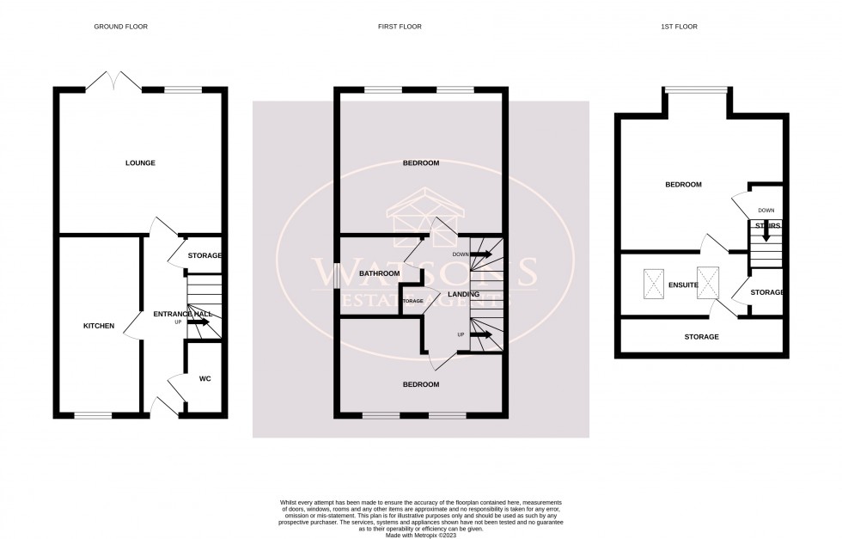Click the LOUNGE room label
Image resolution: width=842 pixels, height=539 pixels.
click(x=140, y=162)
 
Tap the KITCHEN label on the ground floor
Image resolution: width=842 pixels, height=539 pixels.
click(x=98, y=326)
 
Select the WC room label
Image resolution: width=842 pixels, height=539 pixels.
click(x=204, y=378)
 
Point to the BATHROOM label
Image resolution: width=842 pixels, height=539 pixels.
click(x=380, y=273)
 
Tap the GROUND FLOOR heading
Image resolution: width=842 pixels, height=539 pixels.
click(x=120, y=27)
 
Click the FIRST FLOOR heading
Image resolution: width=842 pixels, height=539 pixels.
click(x=400, y=27)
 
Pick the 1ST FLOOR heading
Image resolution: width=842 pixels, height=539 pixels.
click(x=680, y=27)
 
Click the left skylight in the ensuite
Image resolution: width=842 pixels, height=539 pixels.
click(x=655, y=283)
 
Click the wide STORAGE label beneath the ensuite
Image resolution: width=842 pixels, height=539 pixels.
click(x=701, y=337)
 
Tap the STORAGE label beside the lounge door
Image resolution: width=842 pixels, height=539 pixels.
click(x=205, y=255)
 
